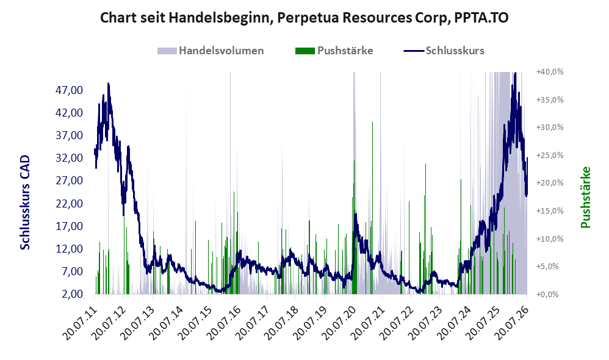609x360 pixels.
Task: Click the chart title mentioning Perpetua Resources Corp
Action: (x=304, y=18)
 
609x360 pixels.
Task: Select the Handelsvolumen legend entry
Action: (x=211, y=51)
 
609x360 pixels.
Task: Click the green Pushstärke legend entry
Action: (x=334, y=51)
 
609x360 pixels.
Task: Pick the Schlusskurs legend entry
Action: (x=444, y=51)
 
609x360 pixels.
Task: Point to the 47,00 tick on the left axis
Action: (x=69, y=90)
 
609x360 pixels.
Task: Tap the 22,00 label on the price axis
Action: (x=69, y=204)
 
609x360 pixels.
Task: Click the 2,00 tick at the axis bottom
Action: (x=72, y=294)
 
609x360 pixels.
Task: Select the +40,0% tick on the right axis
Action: (x=550, y=72)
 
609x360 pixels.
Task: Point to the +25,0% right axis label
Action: (x=550, y=156)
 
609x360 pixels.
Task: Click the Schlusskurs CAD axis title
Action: (x=24, y=203)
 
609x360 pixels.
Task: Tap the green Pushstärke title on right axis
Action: (x=585, y=197)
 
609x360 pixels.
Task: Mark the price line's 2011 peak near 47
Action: (x=109, y=84)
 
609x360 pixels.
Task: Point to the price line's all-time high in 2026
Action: (x=515, y=73)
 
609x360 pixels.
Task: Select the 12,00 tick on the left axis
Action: (x=69, y=248)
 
